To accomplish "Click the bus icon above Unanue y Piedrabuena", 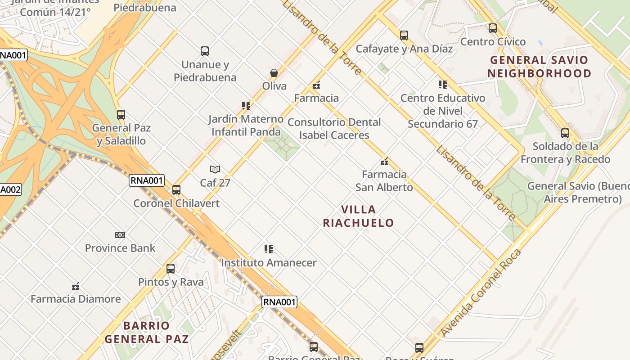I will (x=205, y=51).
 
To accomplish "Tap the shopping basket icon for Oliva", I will (x=274, y=73).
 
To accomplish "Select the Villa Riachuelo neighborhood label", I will (x=359, y=216).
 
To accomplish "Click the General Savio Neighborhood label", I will (x=539, y=67).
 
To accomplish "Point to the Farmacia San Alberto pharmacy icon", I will (x=384, y=162).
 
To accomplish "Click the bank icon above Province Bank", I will (x=120, y=235).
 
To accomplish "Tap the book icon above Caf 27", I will (x=215, y=170).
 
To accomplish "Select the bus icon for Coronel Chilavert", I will (x=176, y=190).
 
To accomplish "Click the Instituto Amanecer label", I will (x=269, y=263).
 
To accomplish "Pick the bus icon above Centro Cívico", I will (x=493, y=28).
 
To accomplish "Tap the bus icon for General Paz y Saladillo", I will (x=121, y=115).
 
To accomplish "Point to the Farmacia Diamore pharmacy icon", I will (x=76, y=286).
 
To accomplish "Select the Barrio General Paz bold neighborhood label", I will (x=147, y=332).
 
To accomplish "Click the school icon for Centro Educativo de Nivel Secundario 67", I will (x=443, y=85).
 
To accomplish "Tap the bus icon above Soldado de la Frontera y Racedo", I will (x=565, y=133).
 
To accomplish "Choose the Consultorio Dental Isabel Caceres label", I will (x=334, y=129).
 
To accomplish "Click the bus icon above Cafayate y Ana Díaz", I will (x=404, y=36).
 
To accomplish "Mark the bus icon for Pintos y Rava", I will (x=171, y=269).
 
